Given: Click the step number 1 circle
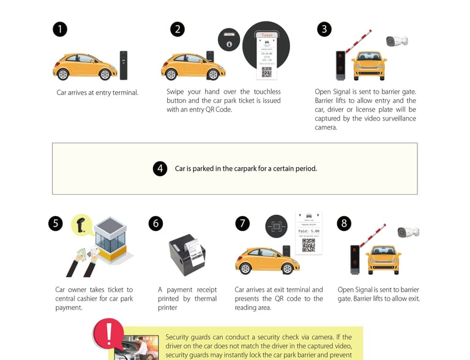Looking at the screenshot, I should click(60, 29).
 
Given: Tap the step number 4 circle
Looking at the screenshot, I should click(160, 168).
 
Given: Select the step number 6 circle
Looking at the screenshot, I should click(156, 223).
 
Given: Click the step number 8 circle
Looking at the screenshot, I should click(345, 223).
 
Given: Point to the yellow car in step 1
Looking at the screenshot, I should click(84, 66).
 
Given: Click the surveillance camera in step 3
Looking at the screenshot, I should click(397, 41).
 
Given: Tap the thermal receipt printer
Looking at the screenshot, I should click(187, 252).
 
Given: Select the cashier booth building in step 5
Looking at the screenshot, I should click(110, 238).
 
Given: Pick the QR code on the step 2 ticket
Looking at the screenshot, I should click(267, 72).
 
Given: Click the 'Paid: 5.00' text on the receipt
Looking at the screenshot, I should click(309, 231).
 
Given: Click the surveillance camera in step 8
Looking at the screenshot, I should click(408, 232).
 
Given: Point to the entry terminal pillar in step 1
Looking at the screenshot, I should click(124, 65).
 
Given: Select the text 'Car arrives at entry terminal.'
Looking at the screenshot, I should click(97, 92).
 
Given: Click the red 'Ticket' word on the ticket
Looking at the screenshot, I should click(267, 36).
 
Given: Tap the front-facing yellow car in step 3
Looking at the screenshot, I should click(370, 64).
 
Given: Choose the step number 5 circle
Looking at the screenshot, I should click(56, 223).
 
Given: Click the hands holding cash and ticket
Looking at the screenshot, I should click(83, 261).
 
